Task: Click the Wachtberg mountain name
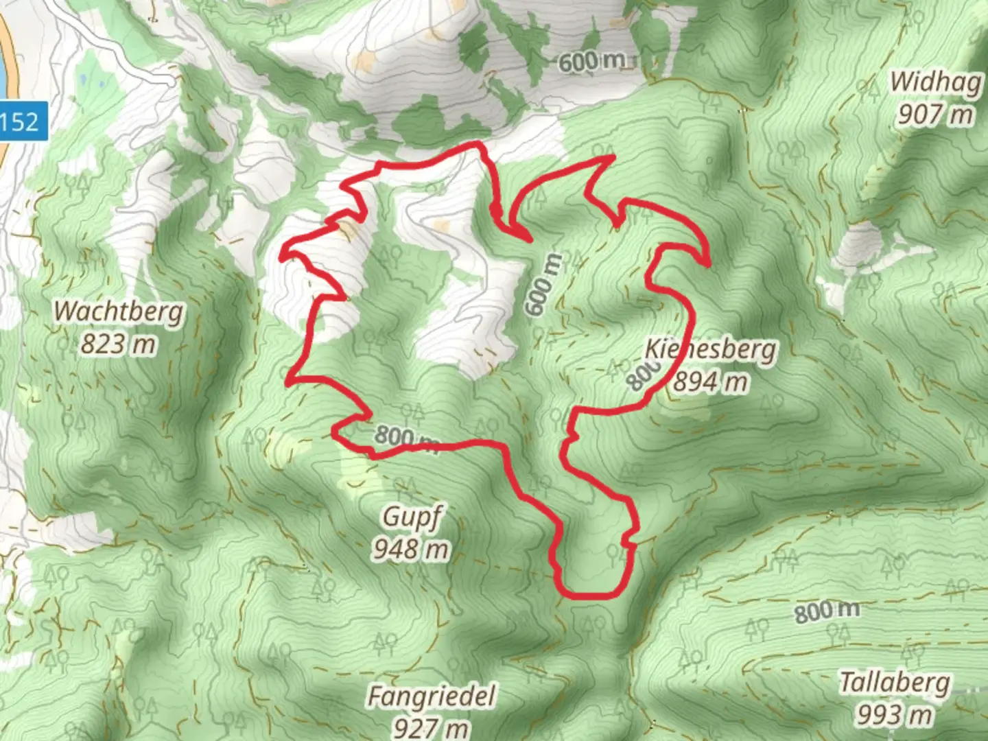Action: point(119,311)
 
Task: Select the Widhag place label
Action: point(936,82)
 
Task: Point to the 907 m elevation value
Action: point(936,114)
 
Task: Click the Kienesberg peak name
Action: point(711,349)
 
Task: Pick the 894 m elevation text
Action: point(711,381)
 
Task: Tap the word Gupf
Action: point(412,517)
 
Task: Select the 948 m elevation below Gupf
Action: point(412,549)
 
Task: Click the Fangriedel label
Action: point(432,696)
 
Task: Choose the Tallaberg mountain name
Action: point(895,683)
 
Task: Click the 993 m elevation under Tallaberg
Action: point(895,715)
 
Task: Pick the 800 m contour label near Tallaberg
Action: point(827,611)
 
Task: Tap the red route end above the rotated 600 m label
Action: point(530,240)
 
